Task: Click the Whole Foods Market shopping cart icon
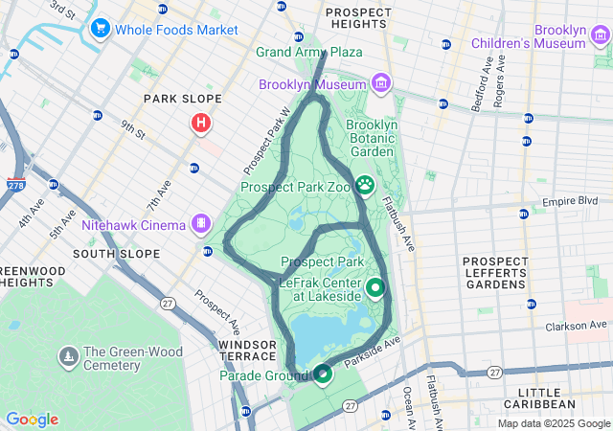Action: [x=101, y=30]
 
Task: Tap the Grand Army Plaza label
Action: [x=308, y=52]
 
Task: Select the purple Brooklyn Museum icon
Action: [x=382, y=84]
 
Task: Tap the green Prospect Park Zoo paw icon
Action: [x=365, y=184]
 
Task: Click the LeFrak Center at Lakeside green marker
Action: [x=375, y=286]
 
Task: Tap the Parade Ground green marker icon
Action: [x=323, y=374]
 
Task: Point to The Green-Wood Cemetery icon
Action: [x=68, y=356]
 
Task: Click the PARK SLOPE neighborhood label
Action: [x=182, y=99]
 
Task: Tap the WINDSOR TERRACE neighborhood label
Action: [x=248, y=352]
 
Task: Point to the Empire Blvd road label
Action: [x=570, y=201]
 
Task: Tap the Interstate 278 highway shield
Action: [x=15, y=183]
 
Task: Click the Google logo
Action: [x=32, y=420]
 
